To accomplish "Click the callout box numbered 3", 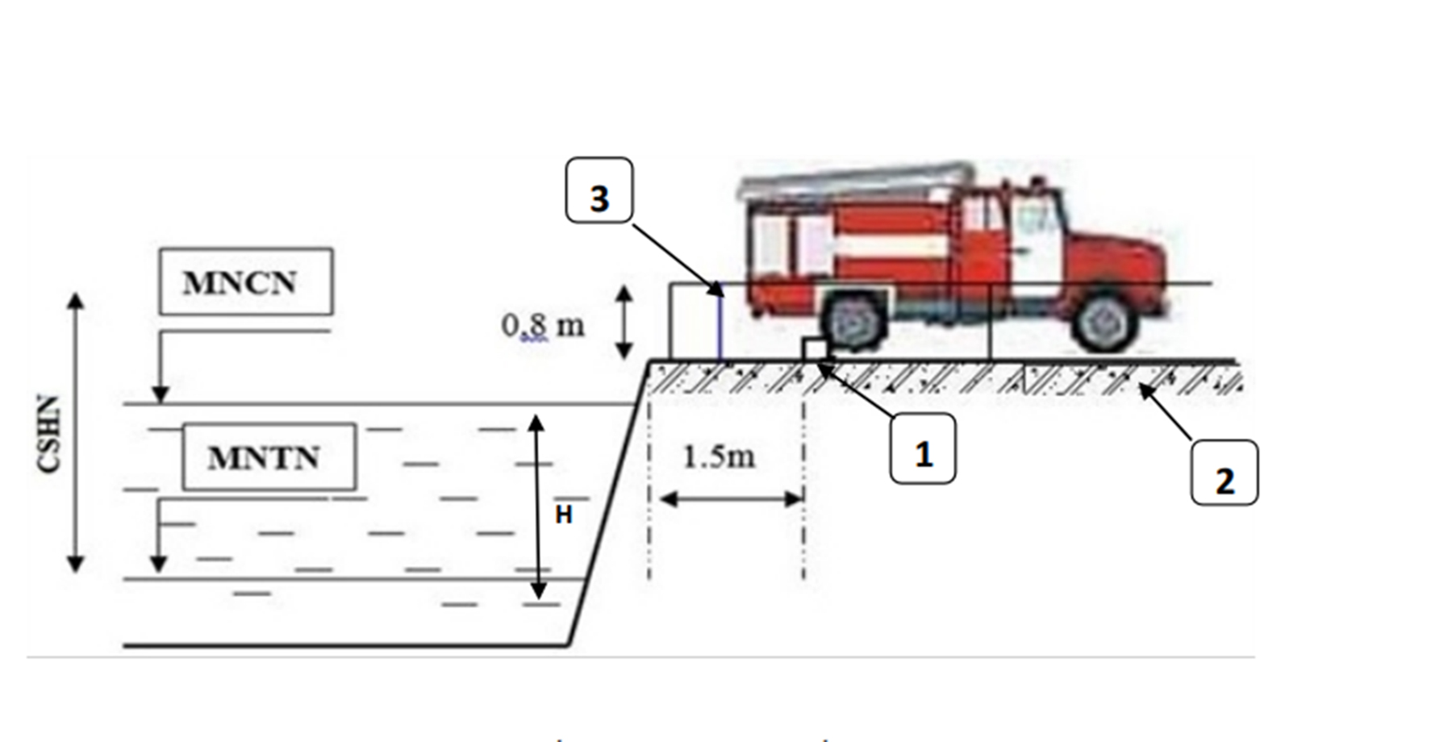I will [599, 190].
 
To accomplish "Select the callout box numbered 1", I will [923, 449].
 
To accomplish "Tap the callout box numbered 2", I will [1224, 473].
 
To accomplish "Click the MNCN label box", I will [246, 281].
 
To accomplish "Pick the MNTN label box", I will [269, 456].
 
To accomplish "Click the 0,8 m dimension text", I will [542, 325].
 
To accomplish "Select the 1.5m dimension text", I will [719, 456].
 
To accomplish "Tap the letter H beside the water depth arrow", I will [564, 515].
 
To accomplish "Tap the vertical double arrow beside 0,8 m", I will [624, 323].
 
